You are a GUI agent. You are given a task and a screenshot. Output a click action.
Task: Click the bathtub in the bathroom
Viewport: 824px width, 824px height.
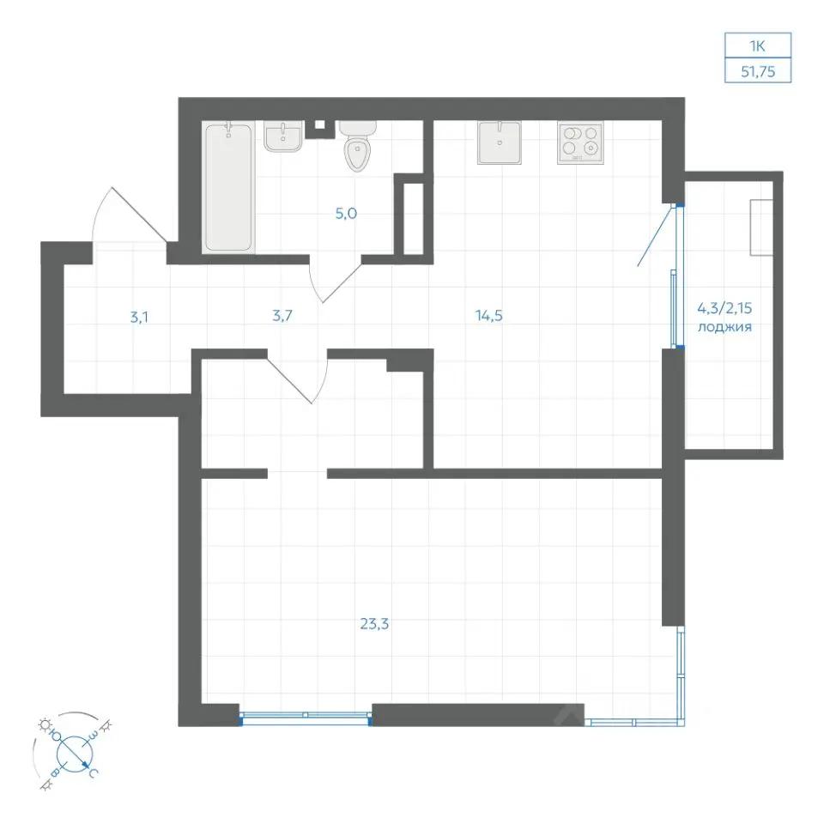228,186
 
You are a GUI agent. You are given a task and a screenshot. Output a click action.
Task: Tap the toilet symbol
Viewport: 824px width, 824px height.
357,146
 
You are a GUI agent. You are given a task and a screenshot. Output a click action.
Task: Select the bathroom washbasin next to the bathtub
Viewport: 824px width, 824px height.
283,136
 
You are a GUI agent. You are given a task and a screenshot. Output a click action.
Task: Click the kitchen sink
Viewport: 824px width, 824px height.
500,142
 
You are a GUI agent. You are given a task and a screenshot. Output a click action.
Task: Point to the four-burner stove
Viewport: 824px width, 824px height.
580,142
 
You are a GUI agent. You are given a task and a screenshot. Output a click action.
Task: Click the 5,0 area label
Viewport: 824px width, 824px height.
346,214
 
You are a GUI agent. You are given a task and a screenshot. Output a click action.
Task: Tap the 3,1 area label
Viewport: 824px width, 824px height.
139,318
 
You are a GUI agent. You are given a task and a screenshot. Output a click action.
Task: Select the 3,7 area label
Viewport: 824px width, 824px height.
282,316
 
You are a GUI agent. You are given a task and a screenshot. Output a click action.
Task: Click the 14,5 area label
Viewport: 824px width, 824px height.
488,315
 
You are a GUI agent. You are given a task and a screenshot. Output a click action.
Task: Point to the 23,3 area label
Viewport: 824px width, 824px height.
374,624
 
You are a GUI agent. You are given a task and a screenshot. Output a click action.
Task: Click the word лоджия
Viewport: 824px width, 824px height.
724,327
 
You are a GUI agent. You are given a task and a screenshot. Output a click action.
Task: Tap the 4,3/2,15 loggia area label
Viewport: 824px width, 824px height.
724,307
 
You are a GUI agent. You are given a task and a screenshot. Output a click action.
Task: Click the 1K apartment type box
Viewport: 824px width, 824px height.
758,45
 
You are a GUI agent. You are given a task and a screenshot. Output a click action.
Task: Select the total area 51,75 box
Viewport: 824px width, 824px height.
758,70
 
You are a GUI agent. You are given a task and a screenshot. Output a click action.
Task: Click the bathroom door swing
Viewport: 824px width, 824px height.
336,282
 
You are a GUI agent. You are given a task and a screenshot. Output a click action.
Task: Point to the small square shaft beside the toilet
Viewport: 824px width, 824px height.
319,125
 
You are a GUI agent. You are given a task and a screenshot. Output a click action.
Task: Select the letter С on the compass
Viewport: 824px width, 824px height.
93,772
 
